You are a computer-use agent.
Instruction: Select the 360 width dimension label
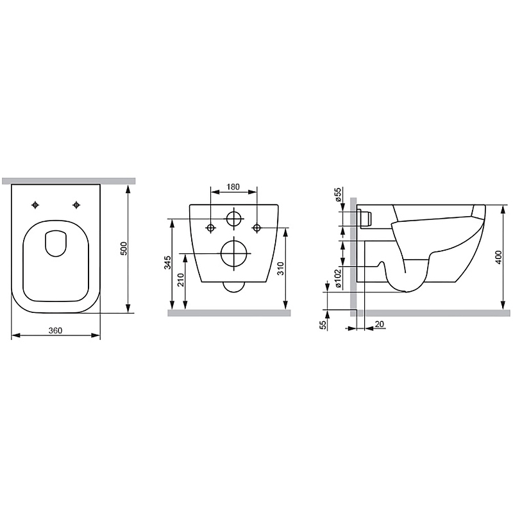[x=55, y=330]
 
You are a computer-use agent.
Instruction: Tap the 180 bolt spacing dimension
[x=233, y=187]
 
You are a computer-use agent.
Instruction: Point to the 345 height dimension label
[x=168, y=263]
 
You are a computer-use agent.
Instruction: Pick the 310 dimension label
[x=280, y=268]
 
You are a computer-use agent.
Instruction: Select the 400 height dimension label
[x=499, y=258]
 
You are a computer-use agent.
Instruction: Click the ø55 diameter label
[x=338, y=194]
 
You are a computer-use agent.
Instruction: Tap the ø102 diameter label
[x=338, y=278]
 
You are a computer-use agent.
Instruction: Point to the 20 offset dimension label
[x=380, y=324]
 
